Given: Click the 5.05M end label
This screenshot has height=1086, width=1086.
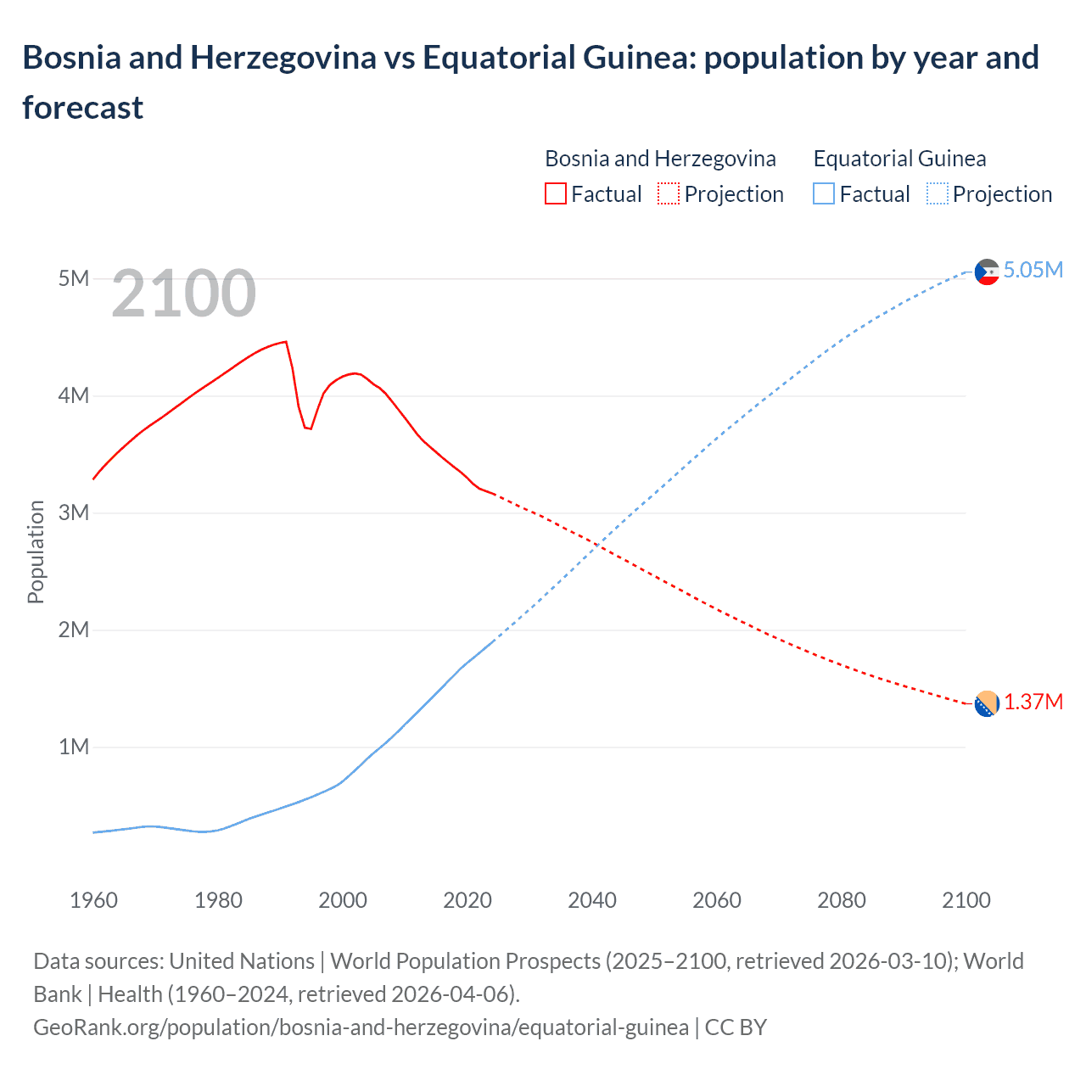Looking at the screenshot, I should pyautogui.click(x=1033, y=270).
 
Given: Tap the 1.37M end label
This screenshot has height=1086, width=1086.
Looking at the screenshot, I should pyautogui.click(x=1033, y=703).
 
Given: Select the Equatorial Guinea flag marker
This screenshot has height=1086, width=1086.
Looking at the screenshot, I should pyautogui.click(x=987, y=272).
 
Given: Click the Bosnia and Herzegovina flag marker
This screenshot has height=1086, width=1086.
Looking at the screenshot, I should pyautogui.click(x=987, y=704).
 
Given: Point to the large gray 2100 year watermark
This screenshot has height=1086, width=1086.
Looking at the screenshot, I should pyautogui.click(x=183, y=294).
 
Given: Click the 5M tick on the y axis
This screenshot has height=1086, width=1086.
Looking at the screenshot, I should pyautogui.click(x=74, y=278).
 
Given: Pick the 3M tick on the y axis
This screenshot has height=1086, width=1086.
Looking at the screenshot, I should pyautogui.click(x=74, y=512).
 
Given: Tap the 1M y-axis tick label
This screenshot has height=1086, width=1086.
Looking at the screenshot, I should pyautogui.click(x=74, y=747).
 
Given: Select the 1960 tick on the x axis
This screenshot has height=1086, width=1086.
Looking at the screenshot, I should pyautogui.click(x=93, y=900).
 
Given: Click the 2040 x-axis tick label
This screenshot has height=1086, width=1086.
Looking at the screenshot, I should pyautogui.click(x=592, y=900).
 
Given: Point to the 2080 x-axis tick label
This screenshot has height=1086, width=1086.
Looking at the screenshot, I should pyautogui.click(x=842, y=900).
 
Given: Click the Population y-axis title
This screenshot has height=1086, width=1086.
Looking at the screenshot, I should pyautogui.click(x=36, y=551).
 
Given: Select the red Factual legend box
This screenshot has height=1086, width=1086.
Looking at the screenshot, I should pyautogui.click(x=556, y=194).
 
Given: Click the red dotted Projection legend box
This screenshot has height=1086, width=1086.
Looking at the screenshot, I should pyautogui.click(x=669, y=194).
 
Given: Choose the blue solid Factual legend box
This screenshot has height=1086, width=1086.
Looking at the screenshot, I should pyautogui.click(x=824, y=194).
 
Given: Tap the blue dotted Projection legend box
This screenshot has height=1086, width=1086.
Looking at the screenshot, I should pyautogui.click(x=938, y=194).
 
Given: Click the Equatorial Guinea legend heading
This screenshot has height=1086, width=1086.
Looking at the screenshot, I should pyautogui.click(x=899, y=159).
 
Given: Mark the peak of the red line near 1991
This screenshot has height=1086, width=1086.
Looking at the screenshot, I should pyautogui.click(x=286, y=342).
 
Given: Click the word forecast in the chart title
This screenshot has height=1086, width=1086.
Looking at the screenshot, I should pyautogui.click(x=83, y=108).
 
